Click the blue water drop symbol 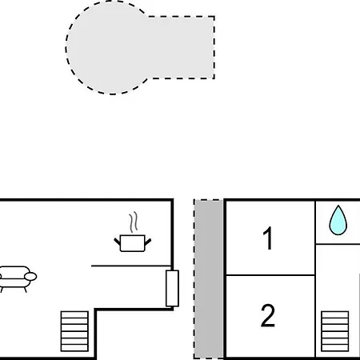(x=338, y=222)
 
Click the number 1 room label (x=267, y=238)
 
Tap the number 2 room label (x=268, y=315)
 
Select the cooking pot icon (x=133, y=243)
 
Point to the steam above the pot (x=134, y=222)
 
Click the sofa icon (x=17, y=278)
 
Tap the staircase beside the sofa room (x=74, y=331)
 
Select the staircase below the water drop (x=335, y=331)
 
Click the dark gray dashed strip (x=208, y=279)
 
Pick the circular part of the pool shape (x=106, y=48)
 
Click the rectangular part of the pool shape (x=182, y=47)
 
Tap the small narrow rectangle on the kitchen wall (x=172, y=288)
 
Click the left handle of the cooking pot (x=118, y=242)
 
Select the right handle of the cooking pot (x=148, y=242)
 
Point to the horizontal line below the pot (x=131, y=266)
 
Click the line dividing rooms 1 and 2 (x=270, y=275)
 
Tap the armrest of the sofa (x=30, y=277)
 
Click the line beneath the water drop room (x=338, y=244)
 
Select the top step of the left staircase (x=74, y=314)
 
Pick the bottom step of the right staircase (x=335, y=348)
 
